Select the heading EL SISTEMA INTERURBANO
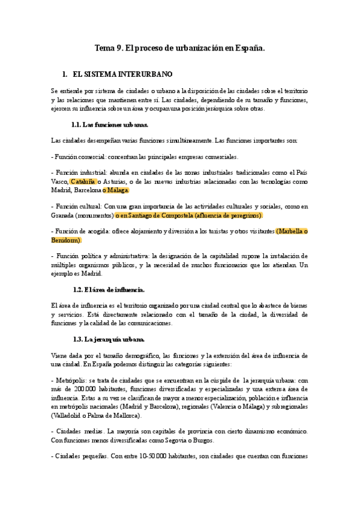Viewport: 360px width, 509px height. tap(122, 74)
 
